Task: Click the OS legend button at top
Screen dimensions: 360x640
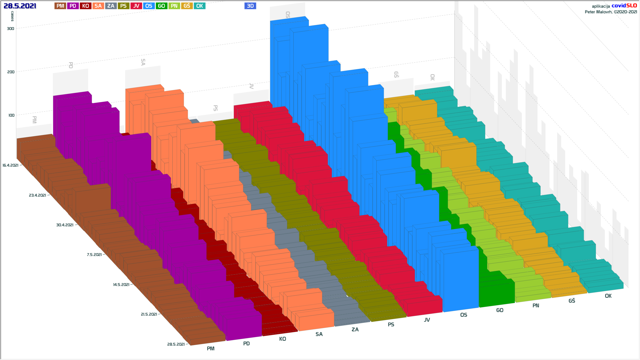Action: click(x=149, y=6)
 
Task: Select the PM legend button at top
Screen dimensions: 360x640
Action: click(x=60, y=6)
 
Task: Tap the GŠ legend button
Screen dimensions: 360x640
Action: click(x=187, y=6)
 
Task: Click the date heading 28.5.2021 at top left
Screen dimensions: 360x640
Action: click(x=20, y=6)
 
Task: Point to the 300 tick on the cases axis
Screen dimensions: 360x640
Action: click(x=11, y=29)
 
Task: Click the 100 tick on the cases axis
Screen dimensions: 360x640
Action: click(x=11, y=115)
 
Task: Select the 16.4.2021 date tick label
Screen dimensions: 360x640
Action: click(x=10, y=165)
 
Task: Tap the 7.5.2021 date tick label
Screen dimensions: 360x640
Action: click(x=94, y=255)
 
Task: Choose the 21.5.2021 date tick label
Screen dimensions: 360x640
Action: click(x=149, y=314)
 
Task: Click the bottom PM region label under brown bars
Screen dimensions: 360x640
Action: click(x=211, y=349)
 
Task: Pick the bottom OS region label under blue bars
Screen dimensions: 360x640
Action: click(x=464, y=315)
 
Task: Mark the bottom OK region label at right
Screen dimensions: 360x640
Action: click(x=608, y=296)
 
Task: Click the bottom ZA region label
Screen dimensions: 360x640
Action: click(x=355, y=330)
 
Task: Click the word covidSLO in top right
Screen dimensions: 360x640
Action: click(x=624, y=6)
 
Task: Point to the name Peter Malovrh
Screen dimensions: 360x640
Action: click(x=598, y=12)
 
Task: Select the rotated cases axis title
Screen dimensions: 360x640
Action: click(x=13, y=16)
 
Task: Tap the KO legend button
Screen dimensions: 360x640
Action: click(x=86, y=6)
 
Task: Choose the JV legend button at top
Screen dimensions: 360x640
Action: click(x=136, y=6)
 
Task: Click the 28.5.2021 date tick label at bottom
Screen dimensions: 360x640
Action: click(x=176, y=344)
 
